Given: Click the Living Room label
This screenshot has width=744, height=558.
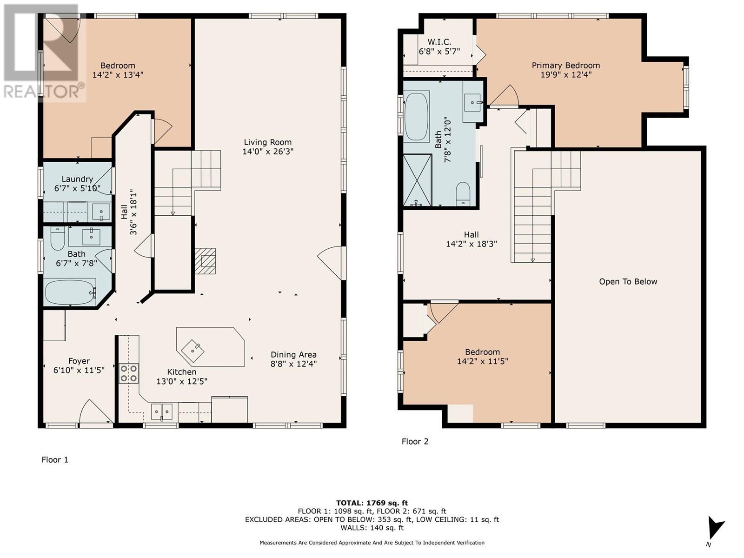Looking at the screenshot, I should tap(267, 142).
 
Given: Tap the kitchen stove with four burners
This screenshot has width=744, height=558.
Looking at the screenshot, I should tap(129, 373).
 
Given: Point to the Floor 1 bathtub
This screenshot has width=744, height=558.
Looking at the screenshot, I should tap(70, 292).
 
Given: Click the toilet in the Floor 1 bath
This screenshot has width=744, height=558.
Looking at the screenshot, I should tap(58, 238).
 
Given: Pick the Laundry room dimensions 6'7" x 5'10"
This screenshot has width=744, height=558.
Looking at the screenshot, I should tap(77, 188).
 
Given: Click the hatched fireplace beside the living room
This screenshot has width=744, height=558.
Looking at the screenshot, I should tap(205, 261).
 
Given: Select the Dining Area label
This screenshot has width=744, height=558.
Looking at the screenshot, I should tap(293, 354).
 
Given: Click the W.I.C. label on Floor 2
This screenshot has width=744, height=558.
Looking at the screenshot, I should tap(439, 42).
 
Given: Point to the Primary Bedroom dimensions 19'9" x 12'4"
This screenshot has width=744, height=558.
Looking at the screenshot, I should tap(566, 75).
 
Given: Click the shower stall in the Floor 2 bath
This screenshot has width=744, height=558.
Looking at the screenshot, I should tap(417, 180).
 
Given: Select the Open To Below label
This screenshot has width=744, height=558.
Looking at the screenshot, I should tap(628, 281).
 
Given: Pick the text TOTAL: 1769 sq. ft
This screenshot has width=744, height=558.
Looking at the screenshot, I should tap(372, 503).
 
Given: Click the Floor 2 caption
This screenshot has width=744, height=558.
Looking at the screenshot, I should tap(415, 441).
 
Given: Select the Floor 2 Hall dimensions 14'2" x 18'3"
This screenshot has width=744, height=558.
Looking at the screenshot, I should tap(471, 244).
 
